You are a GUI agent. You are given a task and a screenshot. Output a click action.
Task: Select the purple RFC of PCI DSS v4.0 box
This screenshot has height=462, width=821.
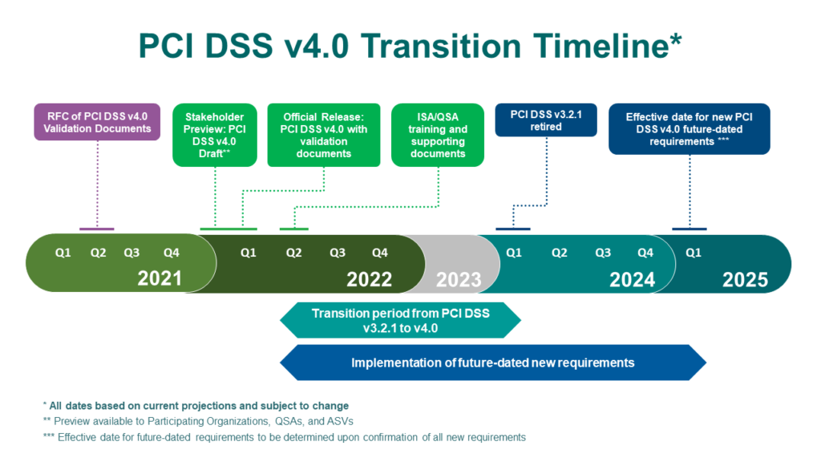click(96, 121)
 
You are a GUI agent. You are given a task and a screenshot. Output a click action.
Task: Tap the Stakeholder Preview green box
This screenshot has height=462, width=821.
click(214, 134)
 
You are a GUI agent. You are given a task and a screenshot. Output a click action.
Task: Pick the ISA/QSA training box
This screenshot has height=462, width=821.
click(437, 134)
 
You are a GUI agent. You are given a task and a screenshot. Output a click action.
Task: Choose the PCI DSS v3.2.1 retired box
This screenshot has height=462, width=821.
click(545, 120)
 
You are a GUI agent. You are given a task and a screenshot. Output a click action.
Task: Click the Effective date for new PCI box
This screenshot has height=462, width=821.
click(689, 128)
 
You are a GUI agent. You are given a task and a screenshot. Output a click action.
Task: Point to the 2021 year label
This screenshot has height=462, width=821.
click(160, 279)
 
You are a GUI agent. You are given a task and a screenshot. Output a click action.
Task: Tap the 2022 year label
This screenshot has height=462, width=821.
click(369, 279)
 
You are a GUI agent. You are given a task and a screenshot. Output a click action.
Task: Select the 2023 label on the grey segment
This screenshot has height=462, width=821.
click(459, 280)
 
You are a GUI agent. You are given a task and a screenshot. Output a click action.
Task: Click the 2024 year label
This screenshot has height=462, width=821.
click(632, 279)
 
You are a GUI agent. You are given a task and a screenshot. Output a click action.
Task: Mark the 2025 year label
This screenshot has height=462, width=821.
click(745, 279)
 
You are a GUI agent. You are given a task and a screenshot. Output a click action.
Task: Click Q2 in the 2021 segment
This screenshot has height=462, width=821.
click(98, 253)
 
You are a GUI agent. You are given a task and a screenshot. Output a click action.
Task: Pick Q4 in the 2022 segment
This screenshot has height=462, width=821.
click(380, 253)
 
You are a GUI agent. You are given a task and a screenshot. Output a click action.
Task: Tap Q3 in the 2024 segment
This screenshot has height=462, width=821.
click(603, 253)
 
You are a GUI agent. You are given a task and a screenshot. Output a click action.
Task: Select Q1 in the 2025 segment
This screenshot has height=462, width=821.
click(694, 253)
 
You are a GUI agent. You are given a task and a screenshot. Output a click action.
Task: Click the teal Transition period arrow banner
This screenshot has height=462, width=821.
click(401, 320)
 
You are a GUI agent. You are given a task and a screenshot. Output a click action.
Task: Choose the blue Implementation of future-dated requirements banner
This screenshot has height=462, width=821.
click(492, 363)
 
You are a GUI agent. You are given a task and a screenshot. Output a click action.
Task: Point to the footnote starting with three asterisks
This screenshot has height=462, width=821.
click(285, 437)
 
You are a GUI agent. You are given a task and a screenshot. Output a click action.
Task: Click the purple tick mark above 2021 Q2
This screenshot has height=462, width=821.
click(96, 229)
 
